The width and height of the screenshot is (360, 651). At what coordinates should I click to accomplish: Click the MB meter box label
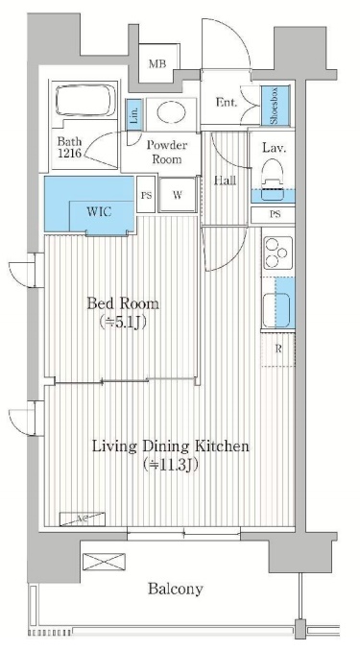(157, 64)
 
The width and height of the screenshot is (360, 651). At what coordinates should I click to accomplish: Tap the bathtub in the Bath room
(85, 100)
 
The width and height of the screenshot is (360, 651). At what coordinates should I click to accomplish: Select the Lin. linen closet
(134, 113)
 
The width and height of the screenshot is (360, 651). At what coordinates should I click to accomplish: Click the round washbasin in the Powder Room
(171, 111)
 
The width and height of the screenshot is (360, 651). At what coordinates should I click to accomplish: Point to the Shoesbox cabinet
(276, 106)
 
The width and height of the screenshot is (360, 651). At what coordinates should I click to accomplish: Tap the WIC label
(99, 212)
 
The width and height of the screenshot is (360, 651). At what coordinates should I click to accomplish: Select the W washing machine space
(178, 195)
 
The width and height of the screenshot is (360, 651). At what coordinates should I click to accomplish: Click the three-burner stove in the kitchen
(278, 253)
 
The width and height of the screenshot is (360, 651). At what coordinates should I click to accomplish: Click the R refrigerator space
(278, 350)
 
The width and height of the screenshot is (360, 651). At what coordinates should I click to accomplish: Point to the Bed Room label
(123, 303)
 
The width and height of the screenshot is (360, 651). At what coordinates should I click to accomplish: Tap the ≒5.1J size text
(123, 323)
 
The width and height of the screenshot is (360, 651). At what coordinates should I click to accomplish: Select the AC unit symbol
(82, 519)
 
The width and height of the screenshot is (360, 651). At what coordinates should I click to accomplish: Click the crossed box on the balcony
(104, 562)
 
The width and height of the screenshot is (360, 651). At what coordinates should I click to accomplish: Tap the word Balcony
(176, 589)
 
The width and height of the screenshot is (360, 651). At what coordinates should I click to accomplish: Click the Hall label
(225, 181)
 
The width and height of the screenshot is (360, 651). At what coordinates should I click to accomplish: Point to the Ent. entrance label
(227, 103)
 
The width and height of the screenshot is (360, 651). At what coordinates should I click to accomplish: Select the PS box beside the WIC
(146, 195)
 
